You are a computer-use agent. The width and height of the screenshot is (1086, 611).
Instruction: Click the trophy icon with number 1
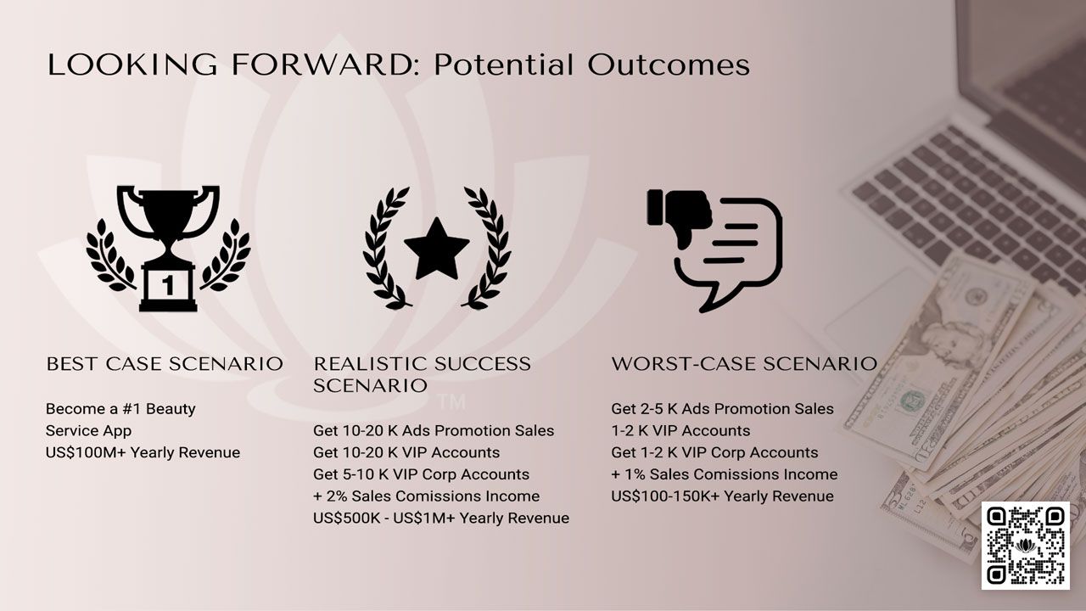168,248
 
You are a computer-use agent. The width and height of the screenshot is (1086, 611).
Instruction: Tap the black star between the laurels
436,249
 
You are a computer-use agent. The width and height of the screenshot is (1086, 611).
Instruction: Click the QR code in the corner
1026,546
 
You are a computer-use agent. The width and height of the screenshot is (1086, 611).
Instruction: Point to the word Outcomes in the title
669,64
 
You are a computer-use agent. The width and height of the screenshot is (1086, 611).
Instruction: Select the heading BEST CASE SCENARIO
165,364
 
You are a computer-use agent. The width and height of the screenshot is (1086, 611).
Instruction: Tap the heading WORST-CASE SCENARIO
744,364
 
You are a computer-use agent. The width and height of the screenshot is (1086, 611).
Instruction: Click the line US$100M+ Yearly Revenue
143,452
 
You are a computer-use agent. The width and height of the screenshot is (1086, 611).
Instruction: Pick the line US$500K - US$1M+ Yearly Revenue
441,518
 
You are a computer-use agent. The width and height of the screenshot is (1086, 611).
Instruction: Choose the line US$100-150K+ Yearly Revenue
722,496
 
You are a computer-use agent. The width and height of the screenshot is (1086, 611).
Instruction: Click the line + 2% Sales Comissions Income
426,496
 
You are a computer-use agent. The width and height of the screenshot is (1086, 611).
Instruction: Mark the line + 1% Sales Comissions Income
725,474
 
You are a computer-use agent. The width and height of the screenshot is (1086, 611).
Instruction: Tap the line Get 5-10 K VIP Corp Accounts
422,474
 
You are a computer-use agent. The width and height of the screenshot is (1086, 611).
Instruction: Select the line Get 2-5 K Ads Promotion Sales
722,409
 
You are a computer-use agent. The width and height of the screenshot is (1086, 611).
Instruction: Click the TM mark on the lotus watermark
452,402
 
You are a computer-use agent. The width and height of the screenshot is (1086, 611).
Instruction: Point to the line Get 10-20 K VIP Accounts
406,452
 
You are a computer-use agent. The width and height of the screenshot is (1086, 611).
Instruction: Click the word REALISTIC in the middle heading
370,364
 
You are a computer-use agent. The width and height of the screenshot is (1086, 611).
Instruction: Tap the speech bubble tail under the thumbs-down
714,300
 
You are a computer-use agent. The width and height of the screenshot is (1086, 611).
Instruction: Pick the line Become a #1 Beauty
120,409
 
